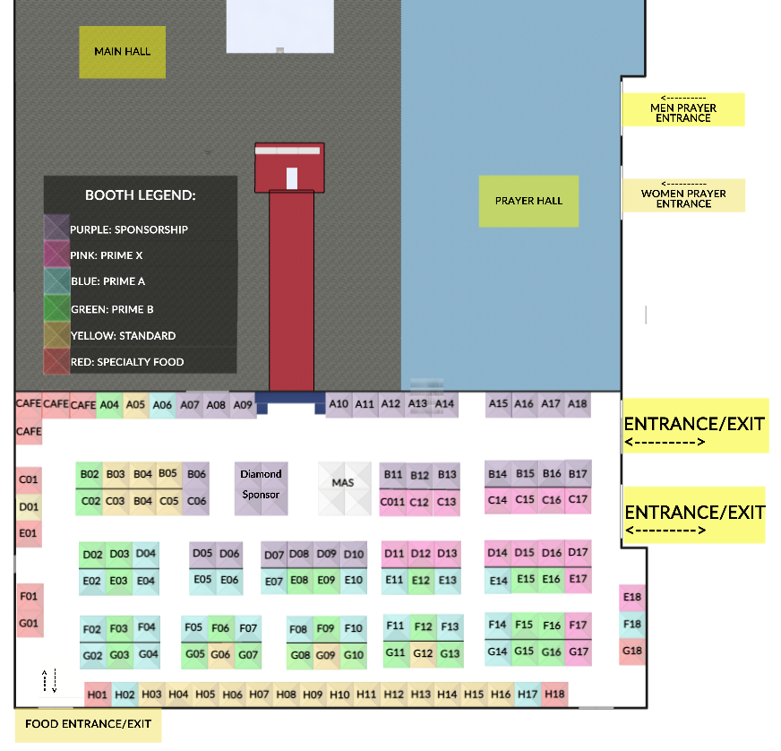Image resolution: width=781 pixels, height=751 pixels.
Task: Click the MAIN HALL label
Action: click(123, 52)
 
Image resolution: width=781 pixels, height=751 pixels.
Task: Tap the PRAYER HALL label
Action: click(528, 201)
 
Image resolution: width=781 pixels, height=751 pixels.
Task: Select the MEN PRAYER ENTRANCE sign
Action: click(683, 108)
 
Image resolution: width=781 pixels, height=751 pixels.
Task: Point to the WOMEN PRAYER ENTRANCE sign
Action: click(683, 194)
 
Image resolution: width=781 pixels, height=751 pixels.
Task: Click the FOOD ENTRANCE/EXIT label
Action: click(88, 724)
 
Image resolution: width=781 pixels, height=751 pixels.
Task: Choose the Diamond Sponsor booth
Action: click(261, 485)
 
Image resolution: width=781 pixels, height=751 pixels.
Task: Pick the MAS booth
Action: click(343, 484)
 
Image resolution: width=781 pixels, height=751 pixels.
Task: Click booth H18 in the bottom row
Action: click(554, 694)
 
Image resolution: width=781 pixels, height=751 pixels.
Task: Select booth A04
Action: click(109, 405)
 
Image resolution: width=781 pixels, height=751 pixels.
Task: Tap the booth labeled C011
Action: click(392, 502)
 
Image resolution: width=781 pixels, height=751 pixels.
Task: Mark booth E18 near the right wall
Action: click(632, 597)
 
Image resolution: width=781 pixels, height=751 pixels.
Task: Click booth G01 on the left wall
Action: click(29, 623)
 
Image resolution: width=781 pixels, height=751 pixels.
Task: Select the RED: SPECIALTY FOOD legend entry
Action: click(126, 362)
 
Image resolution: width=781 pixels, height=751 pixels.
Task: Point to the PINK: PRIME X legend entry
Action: click(106, 255)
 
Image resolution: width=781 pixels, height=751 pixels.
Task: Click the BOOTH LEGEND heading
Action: click(140, 194)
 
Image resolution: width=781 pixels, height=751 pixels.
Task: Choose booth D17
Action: click(579, 553)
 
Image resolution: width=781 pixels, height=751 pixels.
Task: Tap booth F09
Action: click(327, 628)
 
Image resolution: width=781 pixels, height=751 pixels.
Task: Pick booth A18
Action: click(578, 404)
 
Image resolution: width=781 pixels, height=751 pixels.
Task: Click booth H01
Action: click(98, 695)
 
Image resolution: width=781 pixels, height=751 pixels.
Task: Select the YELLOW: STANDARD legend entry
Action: click(123, 335)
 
